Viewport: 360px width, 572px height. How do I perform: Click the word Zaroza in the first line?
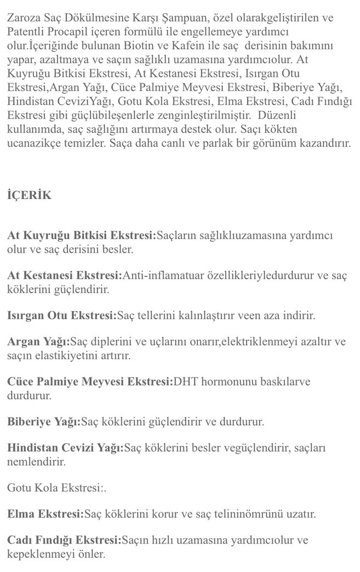25,18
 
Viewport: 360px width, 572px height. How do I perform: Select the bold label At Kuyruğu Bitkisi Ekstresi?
82,236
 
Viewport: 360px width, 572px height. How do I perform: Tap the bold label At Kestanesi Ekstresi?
65,275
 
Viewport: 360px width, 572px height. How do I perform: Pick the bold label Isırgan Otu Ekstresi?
62,315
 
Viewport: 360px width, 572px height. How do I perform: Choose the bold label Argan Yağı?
38,342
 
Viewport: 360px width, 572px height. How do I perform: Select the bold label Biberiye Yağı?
44,422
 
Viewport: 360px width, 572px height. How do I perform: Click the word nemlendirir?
36,462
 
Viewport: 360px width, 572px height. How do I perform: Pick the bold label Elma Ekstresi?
45,514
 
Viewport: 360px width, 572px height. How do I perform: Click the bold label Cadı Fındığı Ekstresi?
64,541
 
